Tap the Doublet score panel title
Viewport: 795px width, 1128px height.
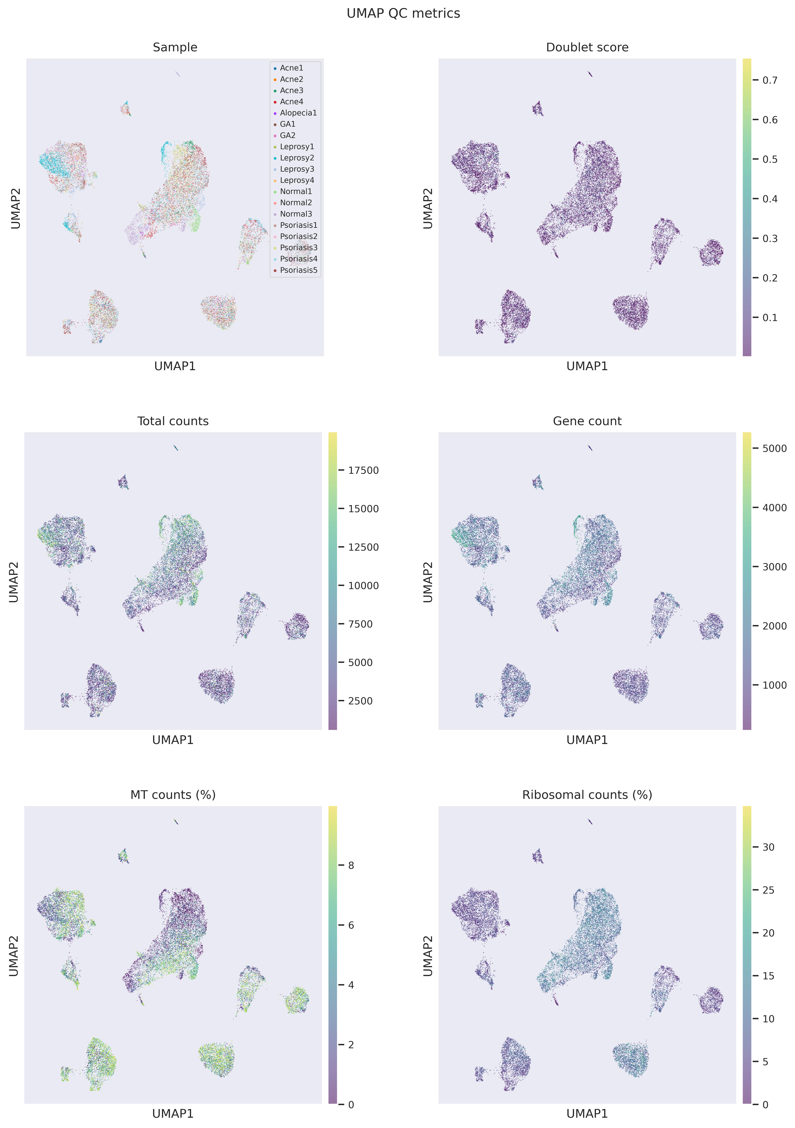587,47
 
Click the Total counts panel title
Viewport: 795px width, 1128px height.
173,421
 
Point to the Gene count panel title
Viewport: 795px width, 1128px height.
587,421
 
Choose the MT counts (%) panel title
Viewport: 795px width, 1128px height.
173,795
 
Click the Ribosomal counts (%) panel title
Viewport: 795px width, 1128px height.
587,795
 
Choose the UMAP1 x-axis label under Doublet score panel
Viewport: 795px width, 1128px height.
587,366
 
